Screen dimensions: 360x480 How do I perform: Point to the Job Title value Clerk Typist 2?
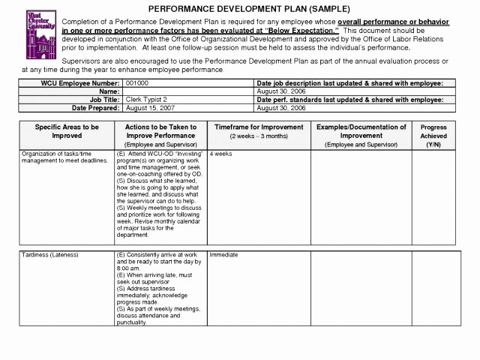[x=147, y=99]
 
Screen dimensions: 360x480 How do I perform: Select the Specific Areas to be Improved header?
[x=67, y=132]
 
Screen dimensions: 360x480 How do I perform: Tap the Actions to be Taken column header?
[x=161, y=132]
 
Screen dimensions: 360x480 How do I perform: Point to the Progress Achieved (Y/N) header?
[x=433, y=136]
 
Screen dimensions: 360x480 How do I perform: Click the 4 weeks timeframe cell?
[x=220, y=154]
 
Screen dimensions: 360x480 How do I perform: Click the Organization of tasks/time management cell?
[x=64, y=157]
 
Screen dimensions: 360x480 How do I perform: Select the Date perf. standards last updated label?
[x=349, y=99]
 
